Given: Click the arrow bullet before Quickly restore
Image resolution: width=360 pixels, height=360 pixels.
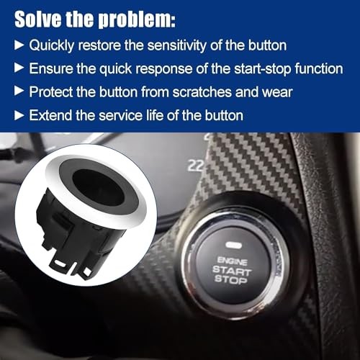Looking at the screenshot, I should pos(19,46).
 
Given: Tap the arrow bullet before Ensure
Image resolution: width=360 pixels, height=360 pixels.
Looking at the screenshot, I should pos(19,69).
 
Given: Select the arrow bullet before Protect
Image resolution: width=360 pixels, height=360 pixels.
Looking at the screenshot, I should pos(19,92).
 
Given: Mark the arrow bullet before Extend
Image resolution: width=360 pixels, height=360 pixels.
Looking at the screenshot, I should pos(19,115).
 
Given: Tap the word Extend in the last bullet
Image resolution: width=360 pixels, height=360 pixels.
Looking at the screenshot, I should pos(50,115).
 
